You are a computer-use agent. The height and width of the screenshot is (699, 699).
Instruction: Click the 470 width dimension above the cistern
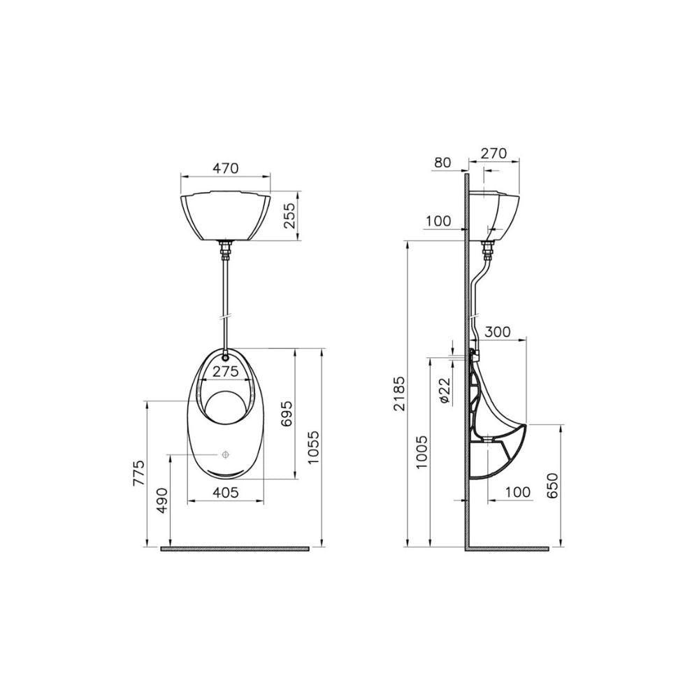[x=225, y=168]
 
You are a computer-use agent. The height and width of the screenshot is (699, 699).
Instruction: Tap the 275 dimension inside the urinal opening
[x=225, y=372]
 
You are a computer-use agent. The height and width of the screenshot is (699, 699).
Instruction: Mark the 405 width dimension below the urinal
[x=225, y=492]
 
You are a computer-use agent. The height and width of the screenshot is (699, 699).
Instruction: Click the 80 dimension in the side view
[x=442, y=163]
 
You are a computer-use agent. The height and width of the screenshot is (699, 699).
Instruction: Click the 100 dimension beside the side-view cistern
[x=438, y=221]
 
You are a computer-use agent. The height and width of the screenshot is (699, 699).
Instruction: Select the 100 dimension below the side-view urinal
[x=517, y=492]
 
